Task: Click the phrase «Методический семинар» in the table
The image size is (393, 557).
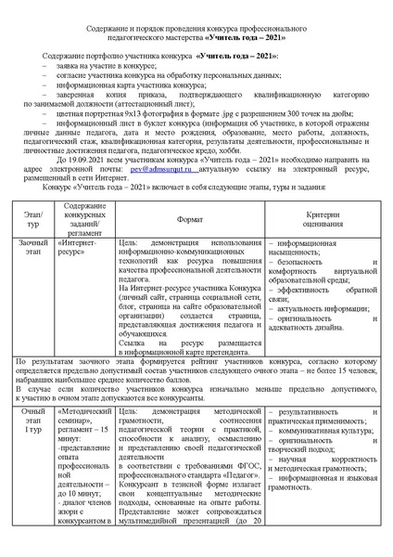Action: coord(85,413)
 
